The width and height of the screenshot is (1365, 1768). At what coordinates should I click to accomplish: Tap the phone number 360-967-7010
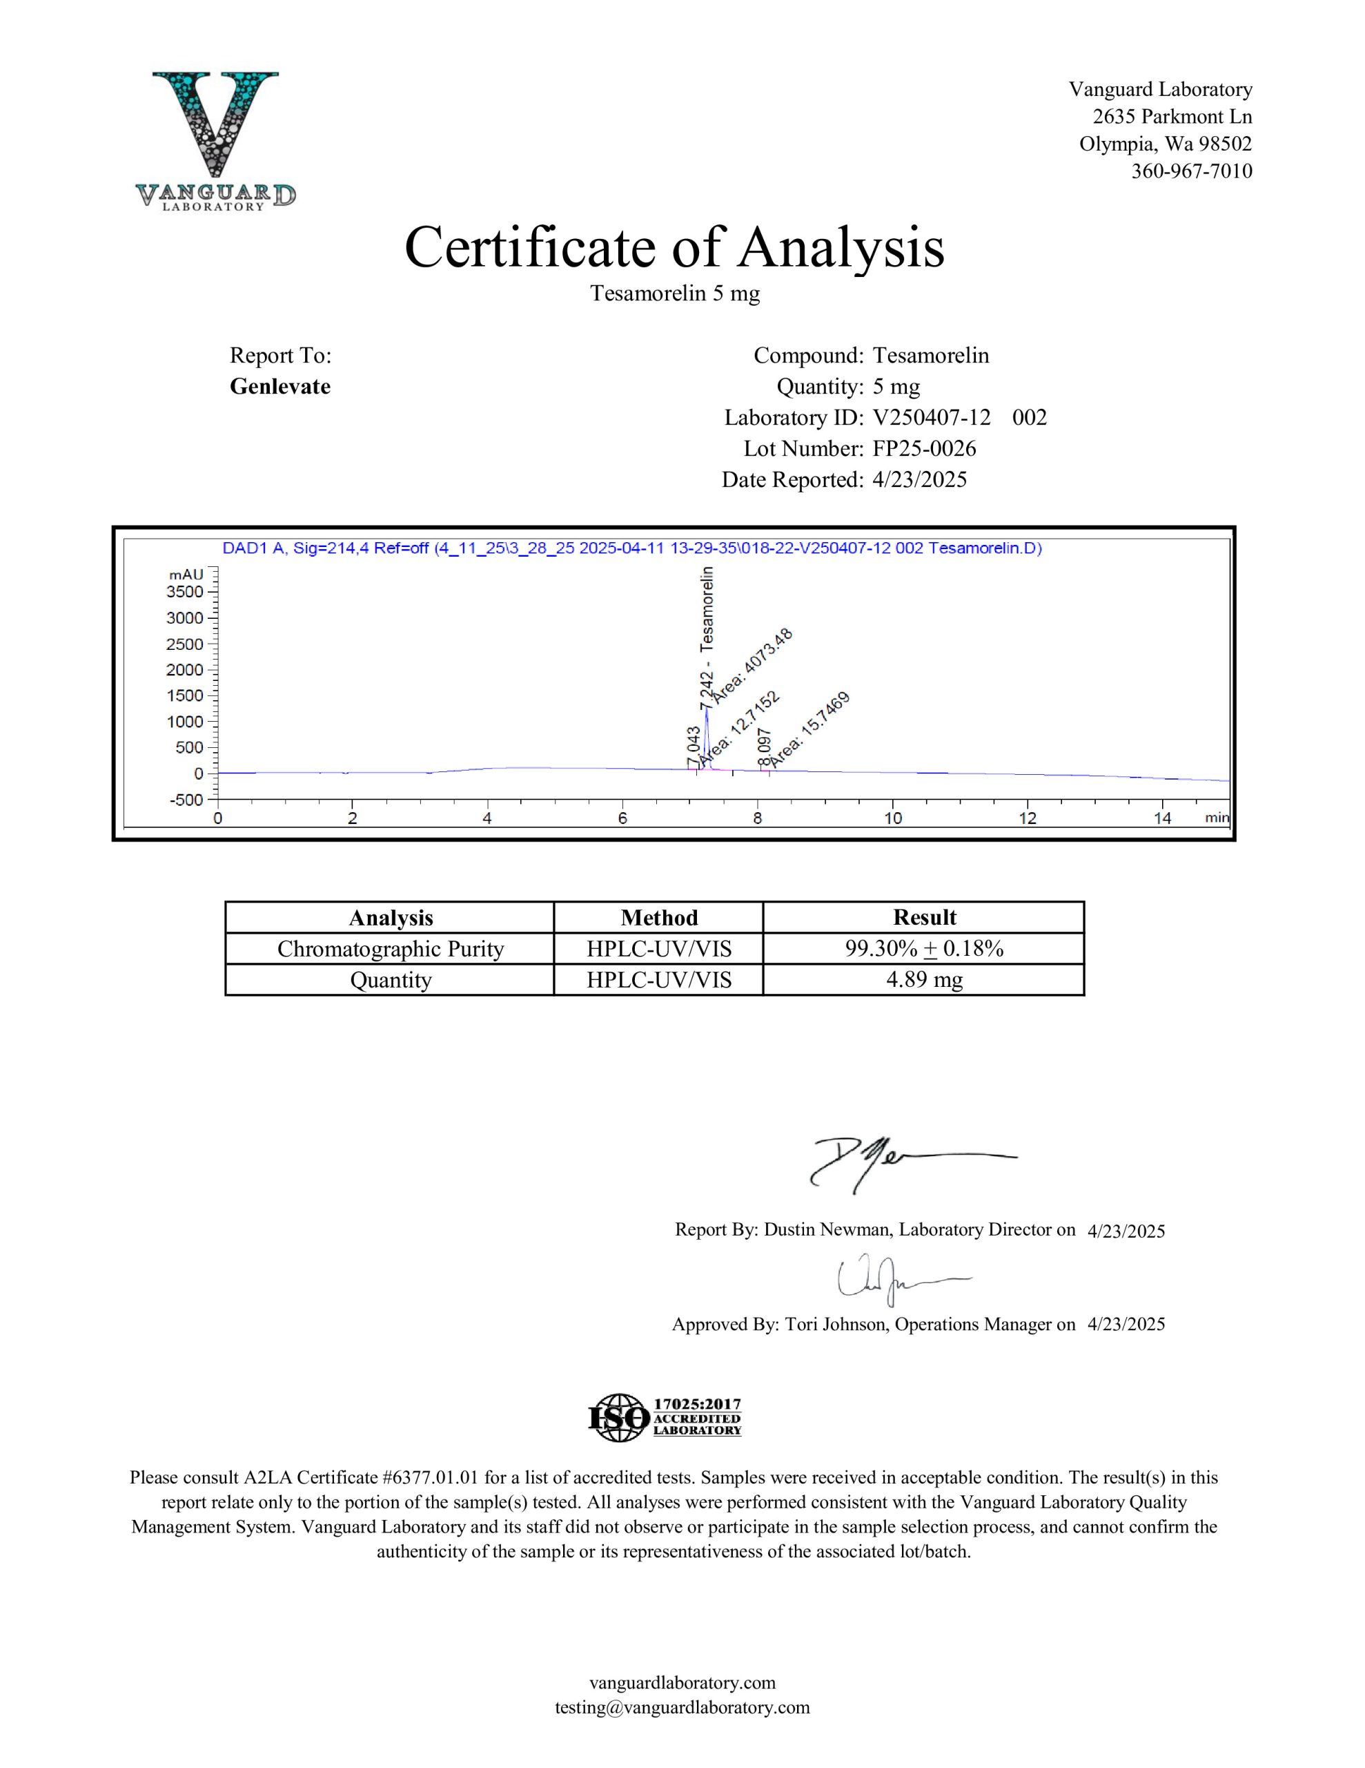point(1191,171)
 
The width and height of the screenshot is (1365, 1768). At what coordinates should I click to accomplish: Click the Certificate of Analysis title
point(674,247)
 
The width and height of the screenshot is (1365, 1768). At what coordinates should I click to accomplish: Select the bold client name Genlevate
point(280,386)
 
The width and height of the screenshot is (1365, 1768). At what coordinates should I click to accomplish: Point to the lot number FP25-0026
point(924,448)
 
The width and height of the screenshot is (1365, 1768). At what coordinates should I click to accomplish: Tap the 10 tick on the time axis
point(892,818)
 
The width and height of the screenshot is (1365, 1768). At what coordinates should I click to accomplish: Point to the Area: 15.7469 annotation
point(809,729)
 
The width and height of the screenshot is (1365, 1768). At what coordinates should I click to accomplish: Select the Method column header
point(658,917)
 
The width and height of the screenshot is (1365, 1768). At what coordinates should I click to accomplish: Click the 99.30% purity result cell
point(924,949)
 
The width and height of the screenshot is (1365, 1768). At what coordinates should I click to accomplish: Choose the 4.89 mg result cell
point(924,980)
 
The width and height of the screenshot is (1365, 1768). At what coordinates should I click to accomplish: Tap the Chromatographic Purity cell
point(390,949)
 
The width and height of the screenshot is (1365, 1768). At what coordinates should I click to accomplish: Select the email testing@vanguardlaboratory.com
point(682,1707)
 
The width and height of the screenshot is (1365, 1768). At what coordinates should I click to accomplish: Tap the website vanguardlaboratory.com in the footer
point(682,1683)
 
